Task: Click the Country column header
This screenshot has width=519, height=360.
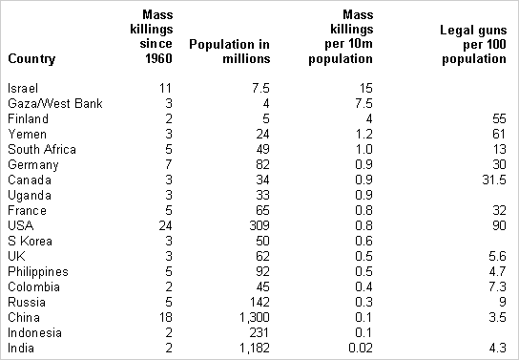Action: click(x=31, y=59)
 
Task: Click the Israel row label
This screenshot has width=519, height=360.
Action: click(x=21, y=88)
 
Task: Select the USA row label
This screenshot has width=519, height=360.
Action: click(x=20, y=226)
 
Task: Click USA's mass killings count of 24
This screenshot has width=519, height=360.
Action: click(x=163, y=226)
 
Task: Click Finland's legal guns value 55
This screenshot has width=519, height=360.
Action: click(x=497, y=118)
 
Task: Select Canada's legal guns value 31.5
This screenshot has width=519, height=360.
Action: click(x=491, y=180)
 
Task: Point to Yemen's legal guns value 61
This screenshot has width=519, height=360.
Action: click(x=497, y=135)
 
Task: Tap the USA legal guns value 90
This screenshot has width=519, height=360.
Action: click(x=497, y=226)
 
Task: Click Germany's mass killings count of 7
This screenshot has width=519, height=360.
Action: click(x=167, y=165)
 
